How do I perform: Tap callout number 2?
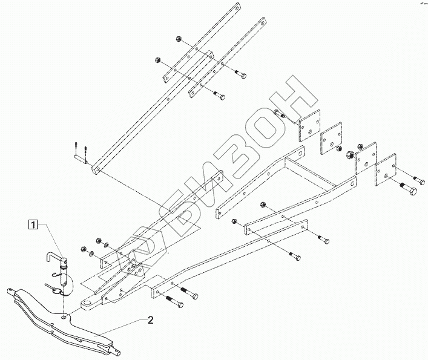(x=150, y=320)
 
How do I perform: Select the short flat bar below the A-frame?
(x=275, y=227)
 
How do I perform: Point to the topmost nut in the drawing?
(x=180, y=41)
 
